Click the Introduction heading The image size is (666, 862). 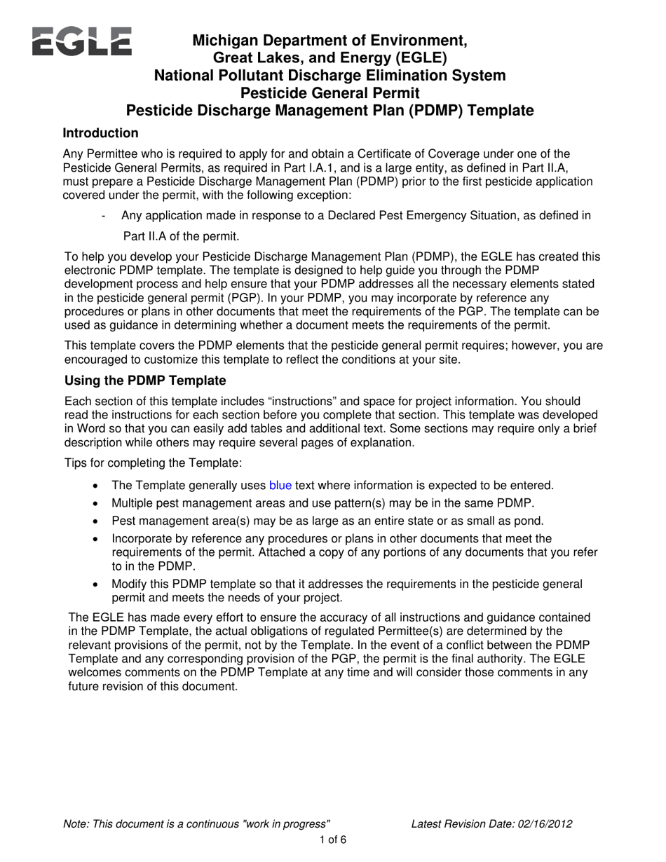pos(100,133)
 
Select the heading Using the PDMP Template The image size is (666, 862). pos(145,381)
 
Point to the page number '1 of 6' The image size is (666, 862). pos(333,840)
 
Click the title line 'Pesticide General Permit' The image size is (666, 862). pos(330,93)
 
